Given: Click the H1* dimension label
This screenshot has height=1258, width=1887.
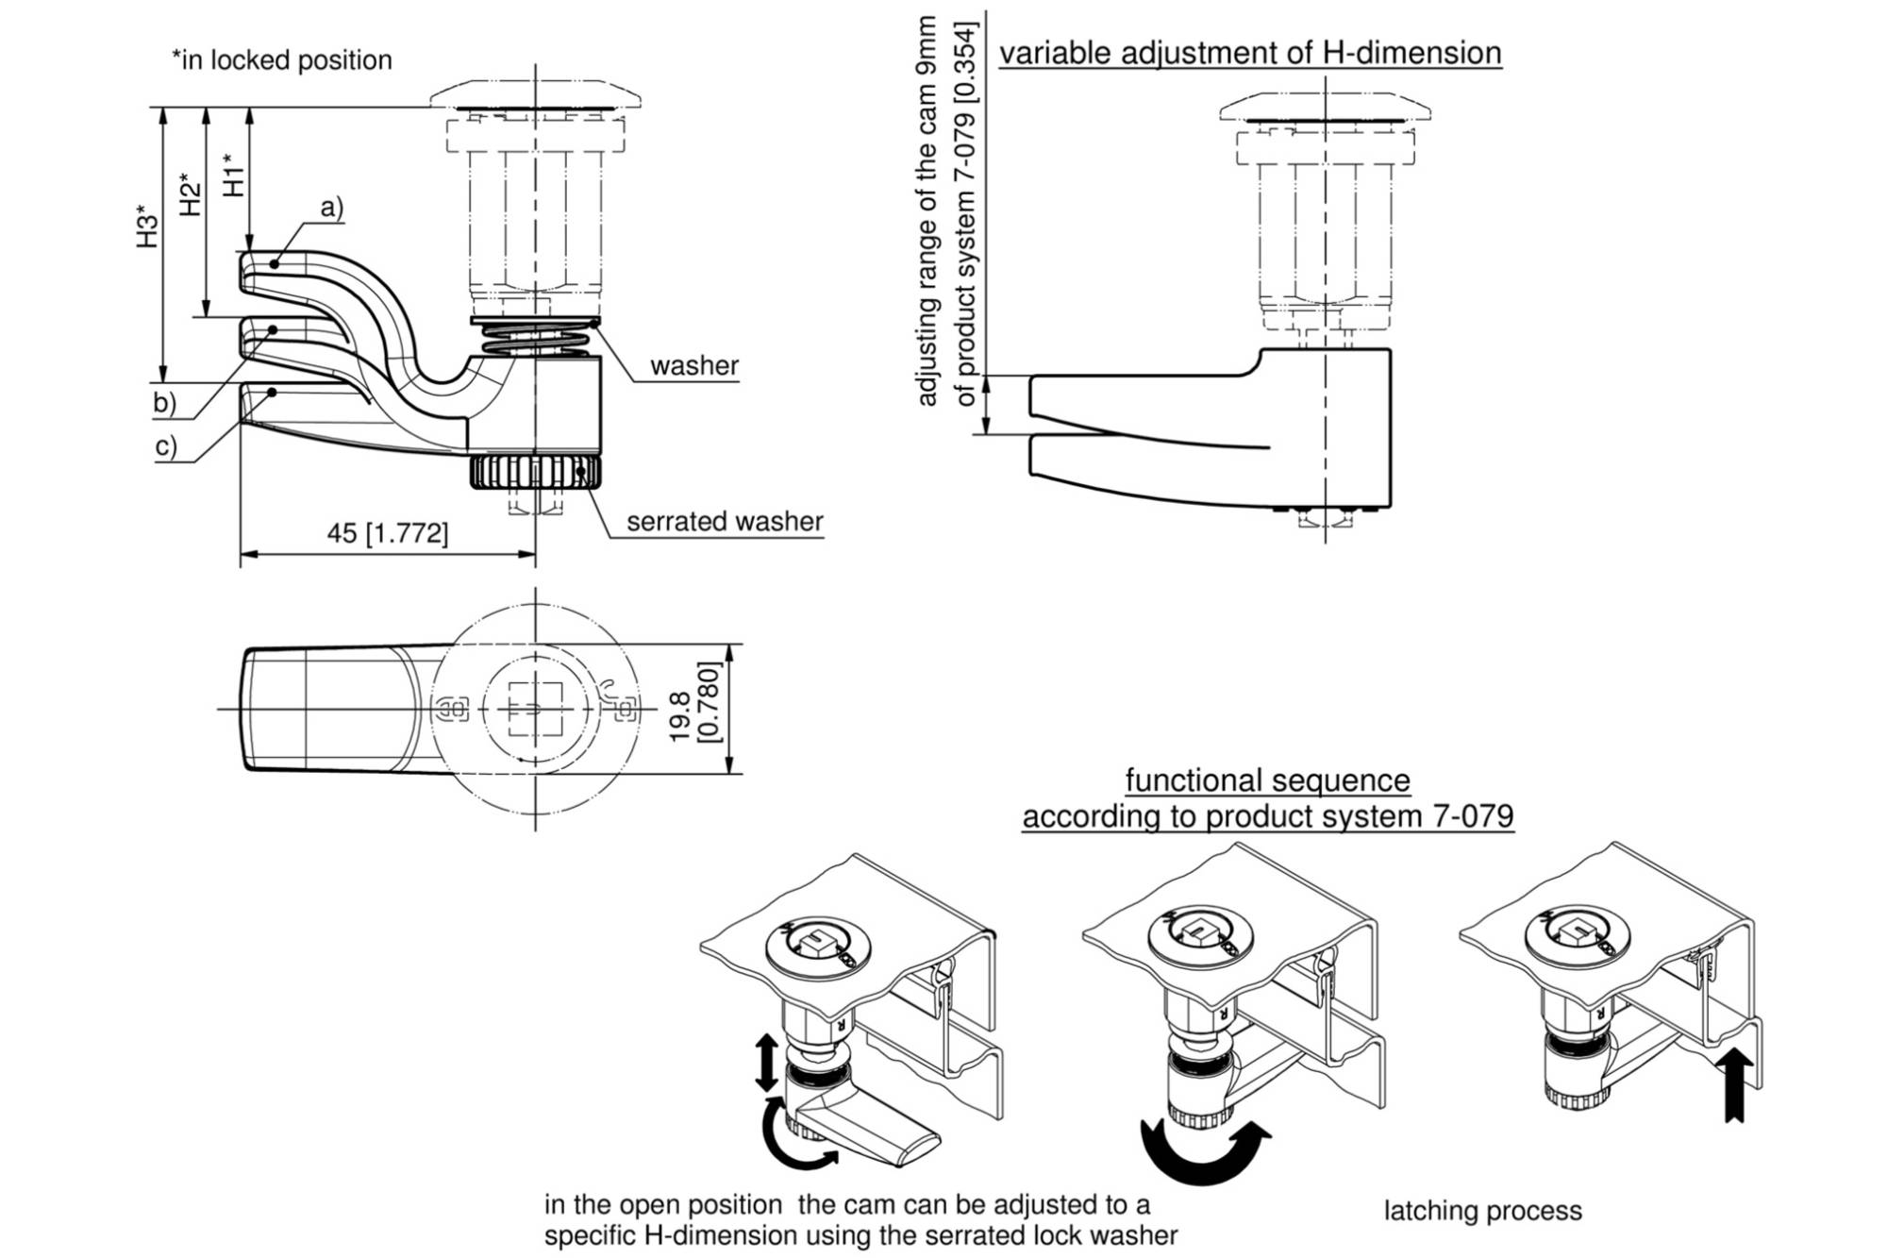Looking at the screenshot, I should click(x=233, y=175).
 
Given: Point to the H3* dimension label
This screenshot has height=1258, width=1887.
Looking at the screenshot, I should click(x=147, y=226).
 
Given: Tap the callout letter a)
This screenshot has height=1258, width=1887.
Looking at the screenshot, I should click(x=332, y=208).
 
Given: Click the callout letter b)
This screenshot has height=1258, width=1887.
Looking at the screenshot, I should click(x=165, y=403).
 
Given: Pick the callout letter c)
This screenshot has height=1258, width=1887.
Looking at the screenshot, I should click(x=166, y=445).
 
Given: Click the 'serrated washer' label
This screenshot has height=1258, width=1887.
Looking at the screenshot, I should click(x=725, y=522).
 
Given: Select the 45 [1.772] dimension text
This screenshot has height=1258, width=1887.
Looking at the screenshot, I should click(x=388, y=533).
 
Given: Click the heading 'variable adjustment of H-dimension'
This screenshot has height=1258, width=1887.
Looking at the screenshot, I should click(x=1250, y=53).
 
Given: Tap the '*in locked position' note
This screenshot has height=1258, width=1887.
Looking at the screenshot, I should click(x=281, y=60).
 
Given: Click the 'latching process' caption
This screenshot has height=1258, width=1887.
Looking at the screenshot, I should click(x=1482, y=1211).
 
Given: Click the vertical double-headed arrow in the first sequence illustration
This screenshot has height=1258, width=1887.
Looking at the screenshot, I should click(x=767, y=1063).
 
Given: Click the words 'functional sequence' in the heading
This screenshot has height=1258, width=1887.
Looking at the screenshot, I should click(x=1267, y=781).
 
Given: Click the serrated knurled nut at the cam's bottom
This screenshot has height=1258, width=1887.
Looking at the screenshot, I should click(x=535, y=472).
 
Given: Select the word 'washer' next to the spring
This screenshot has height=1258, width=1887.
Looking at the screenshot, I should click(x=694, y=366).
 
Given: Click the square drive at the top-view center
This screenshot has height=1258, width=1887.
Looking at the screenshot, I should click(x=535, y=708).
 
